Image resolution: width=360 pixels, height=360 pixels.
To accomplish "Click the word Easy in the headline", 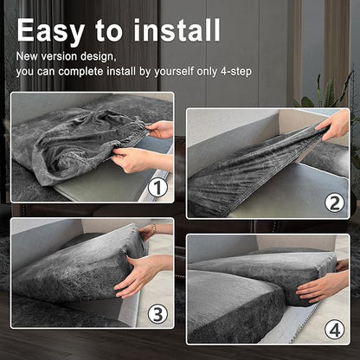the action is [50, 31].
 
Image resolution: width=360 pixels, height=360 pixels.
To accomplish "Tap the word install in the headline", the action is [177, 30].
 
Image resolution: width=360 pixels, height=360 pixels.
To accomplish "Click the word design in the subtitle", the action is [98, 57].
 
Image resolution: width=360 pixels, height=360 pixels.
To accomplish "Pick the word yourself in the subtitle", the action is [174, 72].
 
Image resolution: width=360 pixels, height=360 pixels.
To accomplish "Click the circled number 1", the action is [157, 188].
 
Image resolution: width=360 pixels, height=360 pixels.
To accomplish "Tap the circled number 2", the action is [334, 203].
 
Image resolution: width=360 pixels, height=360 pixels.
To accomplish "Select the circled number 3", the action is [157, 314].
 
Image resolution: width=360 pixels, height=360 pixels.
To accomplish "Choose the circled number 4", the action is [334, 330].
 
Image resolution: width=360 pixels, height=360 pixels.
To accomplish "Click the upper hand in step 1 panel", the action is [159, 130].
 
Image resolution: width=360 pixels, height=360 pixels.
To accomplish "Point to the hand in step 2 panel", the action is [334, 125].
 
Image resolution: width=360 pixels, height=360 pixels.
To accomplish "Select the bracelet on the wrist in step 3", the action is [154, 229].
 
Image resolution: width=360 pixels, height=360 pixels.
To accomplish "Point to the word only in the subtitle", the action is [207, 72].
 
